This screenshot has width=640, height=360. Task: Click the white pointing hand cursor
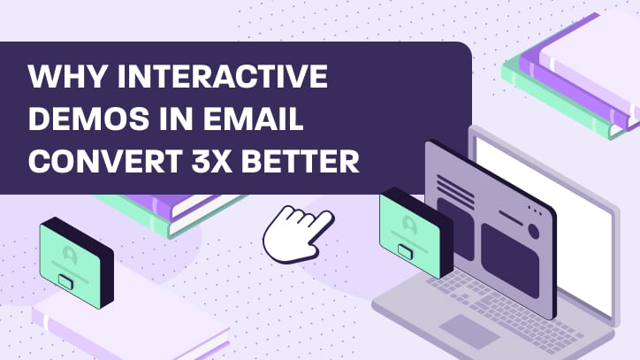coord(296,231)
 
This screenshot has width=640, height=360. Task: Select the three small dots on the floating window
coord(534,212)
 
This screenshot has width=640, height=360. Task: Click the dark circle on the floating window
coord(532,233)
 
